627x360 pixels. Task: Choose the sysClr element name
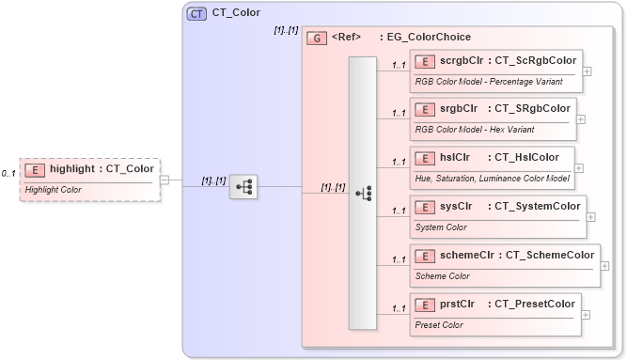click(455, 206)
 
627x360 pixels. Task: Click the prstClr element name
click(456, 304)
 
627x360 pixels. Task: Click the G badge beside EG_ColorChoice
click(318, 38)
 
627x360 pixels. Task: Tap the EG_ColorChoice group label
click(425, 38)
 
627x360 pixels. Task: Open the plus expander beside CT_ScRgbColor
click(588, 70)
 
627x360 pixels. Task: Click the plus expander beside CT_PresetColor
click(587, 314)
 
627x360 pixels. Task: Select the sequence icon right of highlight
click(243, 187)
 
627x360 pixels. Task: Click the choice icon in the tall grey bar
click(363, 194)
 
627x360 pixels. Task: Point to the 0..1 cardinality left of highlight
click(8, 174)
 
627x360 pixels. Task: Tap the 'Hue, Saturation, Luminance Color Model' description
click(493, 178)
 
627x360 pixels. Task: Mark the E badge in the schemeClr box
click(425, 255)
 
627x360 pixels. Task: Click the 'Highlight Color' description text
click(54, 189)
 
